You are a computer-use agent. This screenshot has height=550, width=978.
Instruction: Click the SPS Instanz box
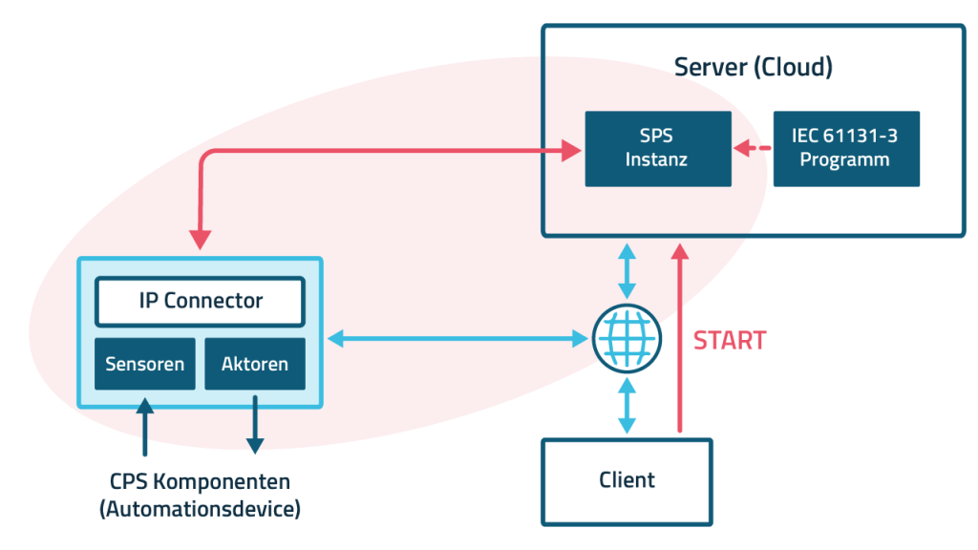pos(657,148)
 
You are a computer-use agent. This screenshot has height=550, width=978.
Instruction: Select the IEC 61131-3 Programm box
pos(845,148)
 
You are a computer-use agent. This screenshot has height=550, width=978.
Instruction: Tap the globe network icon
pos(627,339)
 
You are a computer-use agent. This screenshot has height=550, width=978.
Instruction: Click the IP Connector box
pos(200,302)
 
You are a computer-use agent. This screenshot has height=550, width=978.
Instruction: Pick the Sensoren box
pos(144,364)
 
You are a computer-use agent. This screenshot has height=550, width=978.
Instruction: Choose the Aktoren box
pos(255,364)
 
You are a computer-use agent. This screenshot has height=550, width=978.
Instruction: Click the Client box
pos(627,480)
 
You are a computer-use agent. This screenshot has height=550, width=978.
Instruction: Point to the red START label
pos(730,341)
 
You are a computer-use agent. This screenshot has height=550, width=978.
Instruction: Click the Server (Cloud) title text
pos(754,68)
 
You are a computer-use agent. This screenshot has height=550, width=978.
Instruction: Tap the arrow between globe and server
pos(627,271)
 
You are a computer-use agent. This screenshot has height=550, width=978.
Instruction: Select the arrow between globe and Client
pos(627,406)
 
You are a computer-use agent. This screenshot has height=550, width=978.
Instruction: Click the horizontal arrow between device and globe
pos(457,338)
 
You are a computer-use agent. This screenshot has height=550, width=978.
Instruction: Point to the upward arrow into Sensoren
pos(144,428)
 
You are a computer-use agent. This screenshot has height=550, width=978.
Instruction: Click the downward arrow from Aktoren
pos(255,425)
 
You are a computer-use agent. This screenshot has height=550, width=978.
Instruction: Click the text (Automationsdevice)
pos(200,509)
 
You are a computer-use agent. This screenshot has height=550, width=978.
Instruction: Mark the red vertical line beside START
pos(681,372)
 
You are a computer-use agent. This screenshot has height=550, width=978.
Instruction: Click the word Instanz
pos(657,159)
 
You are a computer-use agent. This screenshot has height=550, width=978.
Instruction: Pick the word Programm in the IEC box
pos(845,159)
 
